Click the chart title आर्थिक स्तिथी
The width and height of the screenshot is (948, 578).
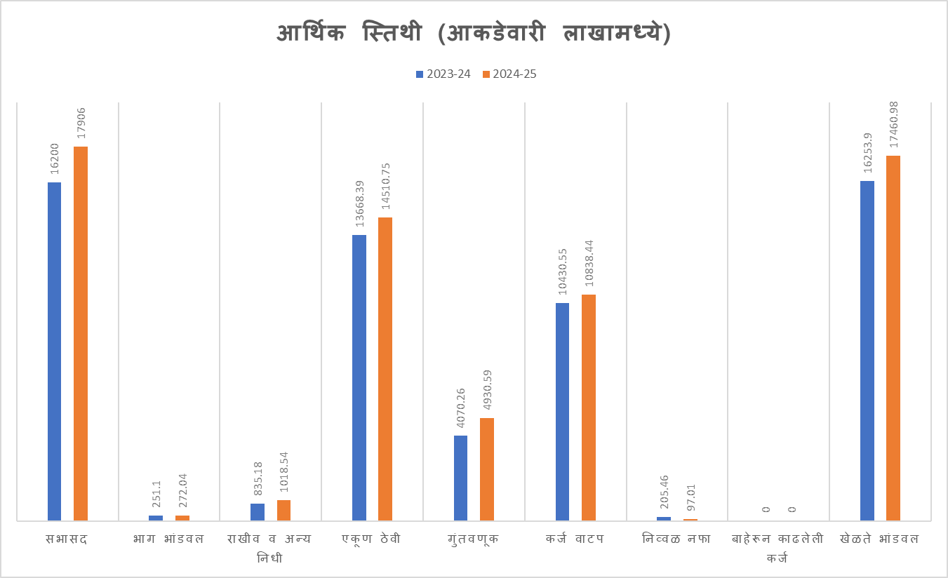click(x=474, y=34)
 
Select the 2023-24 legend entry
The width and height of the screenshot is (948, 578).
click(x=443, y=74)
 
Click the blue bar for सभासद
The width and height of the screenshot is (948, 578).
click(x=54, y=351)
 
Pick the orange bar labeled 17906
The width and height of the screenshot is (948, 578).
click(x=81, y=333)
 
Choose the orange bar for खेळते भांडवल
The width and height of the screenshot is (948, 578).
click(x=893, y=337)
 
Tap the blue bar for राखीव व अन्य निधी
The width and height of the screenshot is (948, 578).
click(x=258, y=512)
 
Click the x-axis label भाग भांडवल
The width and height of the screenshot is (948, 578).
click(x=169, y=539)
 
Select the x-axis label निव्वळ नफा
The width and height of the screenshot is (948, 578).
click(x=677, y=539)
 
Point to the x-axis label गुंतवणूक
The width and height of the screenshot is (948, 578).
click(x=474, y=539)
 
